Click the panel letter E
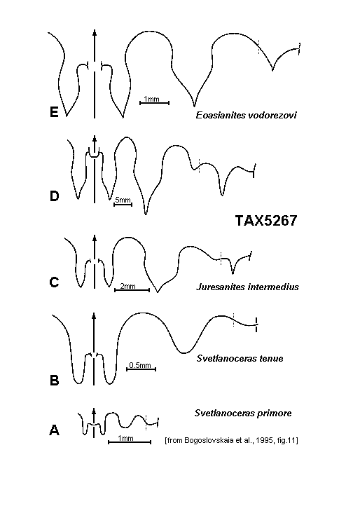pyautogui.click(x=54, y=111)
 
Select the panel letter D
pyautogui.click(x=55, y=196)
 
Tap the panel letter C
pyautogui.click(x=54, y=282)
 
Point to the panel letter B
pyautogui.click(x=55, y=380)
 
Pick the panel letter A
pyautogui.click(x=55, y=430)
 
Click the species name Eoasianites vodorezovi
pyautogui.click(x=246, y=115)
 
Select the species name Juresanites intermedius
pyautogui.click(x=247, y=287)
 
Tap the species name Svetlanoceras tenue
pyautogui.click(x=240, y=358)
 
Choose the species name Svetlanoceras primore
pyautogui.click(x=243, y=413)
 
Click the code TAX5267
pyautogui.click(x=266, y=221)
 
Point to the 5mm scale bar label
pyautogui.click(x=123, y=200)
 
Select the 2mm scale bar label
pyautogui.click(x=127, y=285)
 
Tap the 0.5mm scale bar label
pyautogui.click(x=140, y=365)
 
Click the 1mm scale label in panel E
pyautogui.click(x=151, y=99)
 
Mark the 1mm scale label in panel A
pyautogui.click(x=125, y=438)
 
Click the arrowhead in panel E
pyautogui.click(x=95, y=33)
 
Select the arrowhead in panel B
pyautogui.click(x=94, y=316)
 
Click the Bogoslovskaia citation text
pyautogui.click(x=231, y=440)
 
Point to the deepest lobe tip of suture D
pyautogui.click(x=146, y=214)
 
